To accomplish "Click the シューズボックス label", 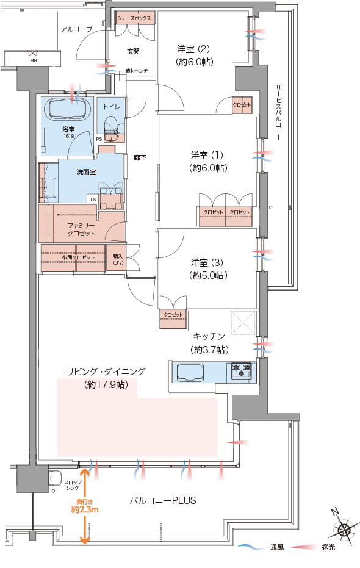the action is pos(134,18).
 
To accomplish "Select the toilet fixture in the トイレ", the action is pos(111,128).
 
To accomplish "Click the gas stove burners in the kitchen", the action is pos(241,370).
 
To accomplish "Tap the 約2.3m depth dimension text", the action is pos(85,509).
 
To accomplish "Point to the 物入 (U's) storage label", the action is pos(118,259).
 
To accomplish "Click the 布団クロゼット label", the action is pos(78,257).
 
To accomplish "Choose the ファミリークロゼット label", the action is pos(81,229).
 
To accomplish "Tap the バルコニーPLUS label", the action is pos(163,500).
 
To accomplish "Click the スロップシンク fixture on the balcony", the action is pos(55,478).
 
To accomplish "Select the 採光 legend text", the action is pos(328,547).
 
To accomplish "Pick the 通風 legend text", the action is pos(277,547).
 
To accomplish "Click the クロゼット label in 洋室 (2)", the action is pos(242,105).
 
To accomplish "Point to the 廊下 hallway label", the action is pos(140,157).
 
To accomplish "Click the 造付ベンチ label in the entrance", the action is pos(137,71).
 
